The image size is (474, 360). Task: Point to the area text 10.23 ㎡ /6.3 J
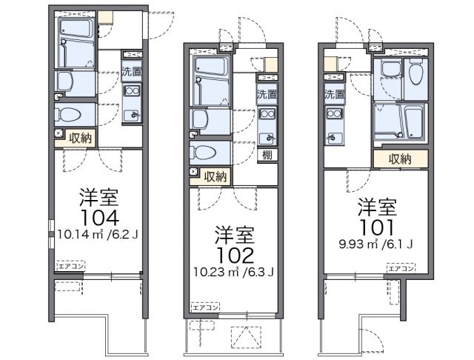(234, 272)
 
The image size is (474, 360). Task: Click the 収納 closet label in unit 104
(81, 137)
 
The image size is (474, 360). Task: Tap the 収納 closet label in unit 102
(216, 176)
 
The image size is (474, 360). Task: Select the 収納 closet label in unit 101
(399, 159)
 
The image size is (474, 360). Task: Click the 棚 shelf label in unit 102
(265, 155)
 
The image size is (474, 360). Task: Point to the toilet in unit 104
(72, 115)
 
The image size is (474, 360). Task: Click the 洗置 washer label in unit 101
(334, 94)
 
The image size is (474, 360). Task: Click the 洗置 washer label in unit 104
(132, 73)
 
